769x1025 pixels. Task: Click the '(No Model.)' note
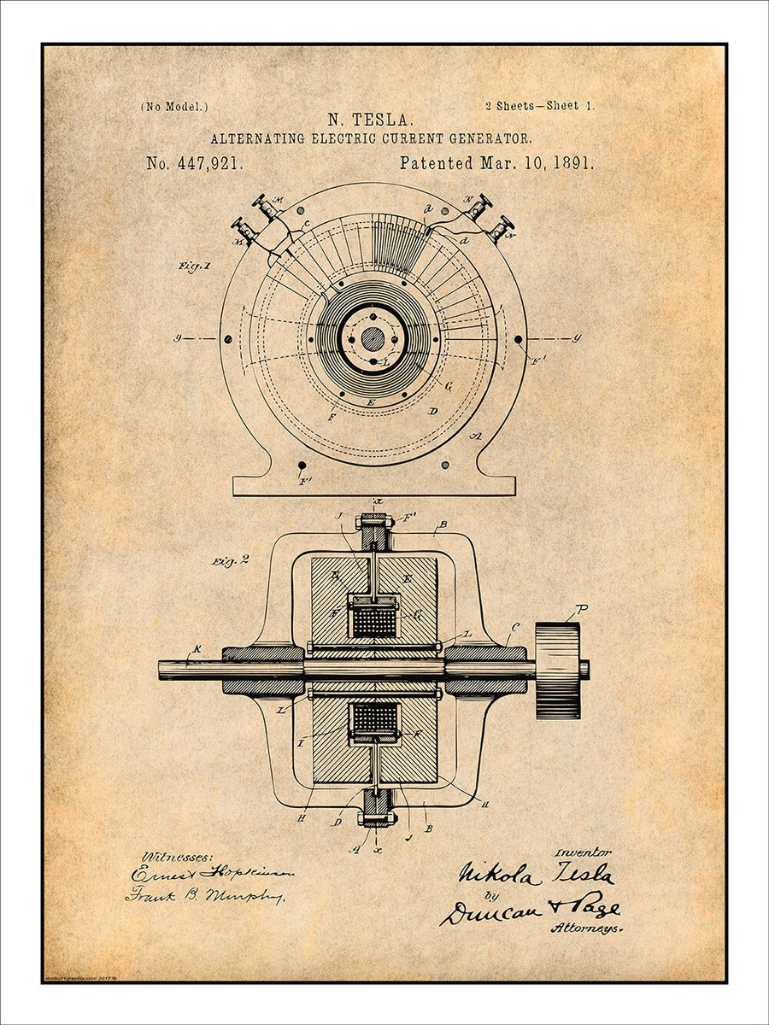click(173, 107)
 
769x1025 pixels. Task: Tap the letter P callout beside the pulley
click(582, 609)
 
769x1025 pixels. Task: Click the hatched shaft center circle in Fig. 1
click(373, 338)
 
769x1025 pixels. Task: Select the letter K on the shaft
click(197, 650)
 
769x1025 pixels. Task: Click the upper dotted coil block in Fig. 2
click(374, 620)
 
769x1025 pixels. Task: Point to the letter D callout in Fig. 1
click(433, 412)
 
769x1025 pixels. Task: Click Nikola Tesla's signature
click(535, 874)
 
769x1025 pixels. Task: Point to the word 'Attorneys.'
click(585, 928)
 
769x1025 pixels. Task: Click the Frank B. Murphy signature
click(205, 895)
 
